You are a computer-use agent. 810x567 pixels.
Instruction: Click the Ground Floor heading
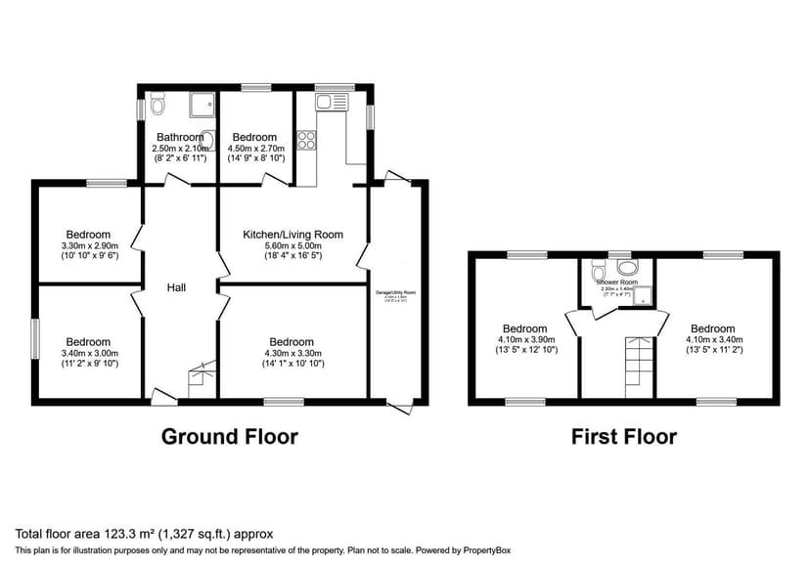[229, 436]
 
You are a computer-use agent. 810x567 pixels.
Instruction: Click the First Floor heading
[623, 436]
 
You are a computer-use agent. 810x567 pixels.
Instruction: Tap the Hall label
[176, 287]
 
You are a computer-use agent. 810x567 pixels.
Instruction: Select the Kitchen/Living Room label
[292, 235]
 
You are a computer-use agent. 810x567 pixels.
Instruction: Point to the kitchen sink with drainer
[332, 101]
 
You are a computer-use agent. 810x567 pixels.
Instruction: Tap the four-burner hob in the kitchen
[305, 140]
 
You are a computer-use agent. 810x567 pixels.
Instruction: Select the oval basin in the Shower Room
[598, 268]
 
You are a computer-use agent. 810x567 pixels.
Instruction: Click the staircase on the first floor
[639, 366]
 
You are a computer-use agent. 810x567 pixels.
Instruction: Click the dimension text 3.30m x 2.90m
[89, 245]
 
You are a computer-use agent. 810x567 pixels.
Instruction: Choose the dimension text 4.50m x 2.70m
[255, 149]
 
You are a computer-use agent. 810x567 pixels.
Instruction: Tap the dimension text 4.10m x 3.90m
[524, 339]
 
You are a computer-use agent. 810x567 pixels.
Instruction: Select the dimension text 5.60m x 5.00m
[292, 245]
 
